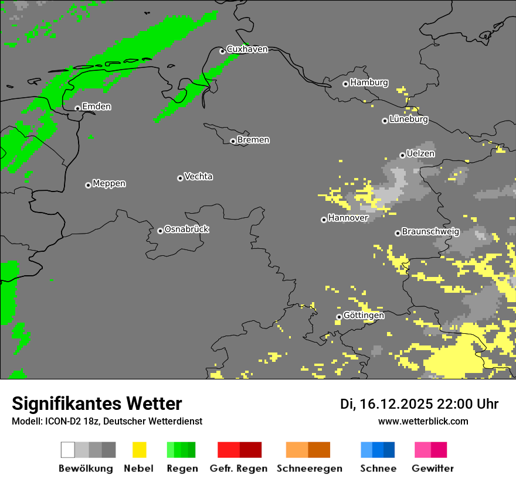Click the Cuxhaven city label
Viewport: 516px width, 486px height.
(x=247, y=49)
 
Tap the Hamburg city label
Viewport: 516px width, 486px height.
(x=369, y=83)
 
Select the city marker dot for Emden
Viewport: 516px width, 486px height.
(x=77, y=108)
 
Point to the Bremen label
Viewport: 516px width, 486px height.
(x=253, y=140)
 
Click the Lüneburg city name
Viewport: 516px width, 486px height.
(x=409, y=119)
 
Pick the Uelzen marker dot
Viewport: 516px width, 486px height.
(x=402, y=155)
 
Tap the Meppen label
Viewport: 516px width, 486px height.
(x=109, y=183)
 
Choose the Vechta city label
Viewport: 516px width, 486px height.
(x=198, y=176)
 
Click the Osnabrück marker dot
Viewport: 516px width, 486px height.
(x=160, y=231)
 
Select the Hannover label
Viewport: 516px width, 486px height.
(x=348, y=218)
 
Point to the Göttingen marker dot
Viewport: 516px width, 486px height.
(x=339, y=317)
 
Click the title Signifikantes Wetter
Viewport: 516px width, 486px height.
(x=97, y=403)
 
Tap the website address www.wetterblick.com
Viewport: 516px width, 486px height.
(x=423, y=421)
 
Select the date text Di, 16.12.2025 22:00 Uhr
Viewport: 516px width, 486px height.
(x=419, y=404)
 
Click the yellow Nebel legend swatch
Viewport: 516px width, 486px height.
(x=139, y=450)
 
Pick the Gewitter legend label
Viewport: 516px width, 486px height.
(x=432, y=468)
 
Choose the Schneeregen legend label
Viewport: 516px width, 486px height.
(x=309, y=468)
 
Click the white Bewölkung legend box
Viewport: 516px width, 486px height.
(x=68, y=450)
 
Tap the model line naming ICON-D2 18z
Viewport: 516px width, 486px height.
(x=107, y=421)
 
